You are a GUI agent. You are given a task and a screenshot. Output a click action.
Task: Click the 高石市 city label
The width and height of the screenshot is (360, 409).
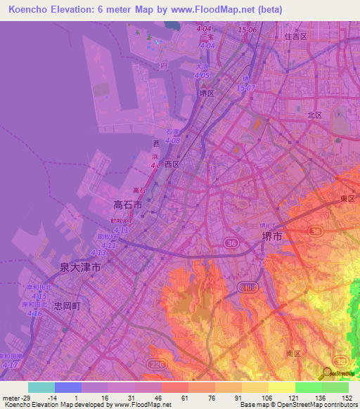[x=127, y=205]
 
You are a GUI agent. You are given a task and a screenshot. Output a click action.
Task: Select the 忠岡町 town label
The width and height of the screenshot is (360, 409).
[x=67, y=306]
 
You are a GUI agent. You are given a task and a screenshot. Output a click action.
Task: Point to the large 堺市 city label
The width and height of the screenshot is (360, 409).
[x=271, y=237]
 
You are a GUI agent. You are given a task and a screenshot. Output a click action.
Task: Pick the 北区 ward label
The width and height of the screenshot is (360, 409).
[x=314, y=115]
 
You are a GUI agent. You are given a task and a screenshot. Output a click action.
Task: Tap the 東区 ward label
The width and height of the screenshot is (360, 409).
[x=347, y=198]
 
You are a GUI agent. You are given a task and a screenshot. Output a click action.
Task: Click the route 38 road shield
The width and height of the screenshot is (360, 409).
[x=342, y=360]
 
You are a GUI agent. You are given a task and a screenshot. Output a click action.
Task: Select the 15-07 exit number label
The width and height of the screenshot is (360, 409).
[x=246, y=88]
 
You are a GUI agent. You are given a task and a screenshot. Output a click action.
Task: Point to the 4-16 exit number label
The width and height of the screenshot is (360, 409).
[x=33, y=313]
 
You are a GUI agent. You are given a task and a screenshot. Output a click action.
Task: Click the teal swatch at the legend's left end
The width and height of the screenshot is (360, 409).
[x=41, y=387]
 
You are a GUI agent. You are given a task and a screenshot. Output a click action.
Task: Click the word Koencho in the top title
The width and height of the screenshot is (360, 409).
[x=32, y=10]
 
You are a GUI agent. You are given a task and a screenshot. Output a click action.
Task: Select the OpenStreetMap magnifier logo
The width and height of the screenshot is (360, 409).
[x=326, y=373]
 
